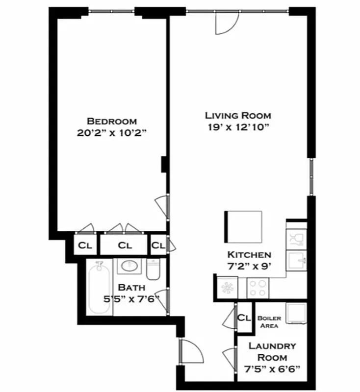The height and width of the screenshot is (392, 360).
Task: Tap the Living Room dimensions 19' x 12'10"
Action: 238,127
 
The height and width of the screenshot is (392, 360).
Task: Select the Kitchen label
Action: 249,255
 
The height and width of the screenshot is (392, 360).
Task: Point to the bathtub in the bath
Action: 100,288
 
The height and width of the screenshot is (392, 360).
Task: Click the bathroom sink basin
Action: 129,266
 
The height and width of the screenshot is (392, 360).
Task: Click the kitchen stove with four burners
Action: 257,288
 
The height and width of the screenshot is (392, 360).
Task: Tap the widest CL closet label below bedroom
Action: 125,245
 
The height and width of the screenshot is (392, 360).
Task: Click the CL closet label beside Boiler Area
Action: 244,318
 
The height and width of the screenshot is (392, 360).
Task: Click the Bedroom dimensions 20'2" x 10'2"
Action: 112,132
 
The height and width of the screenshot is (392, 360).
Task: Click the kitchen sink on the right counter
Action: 296,258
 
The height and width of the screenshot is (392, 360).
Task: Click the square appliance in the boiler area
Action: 296,314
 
